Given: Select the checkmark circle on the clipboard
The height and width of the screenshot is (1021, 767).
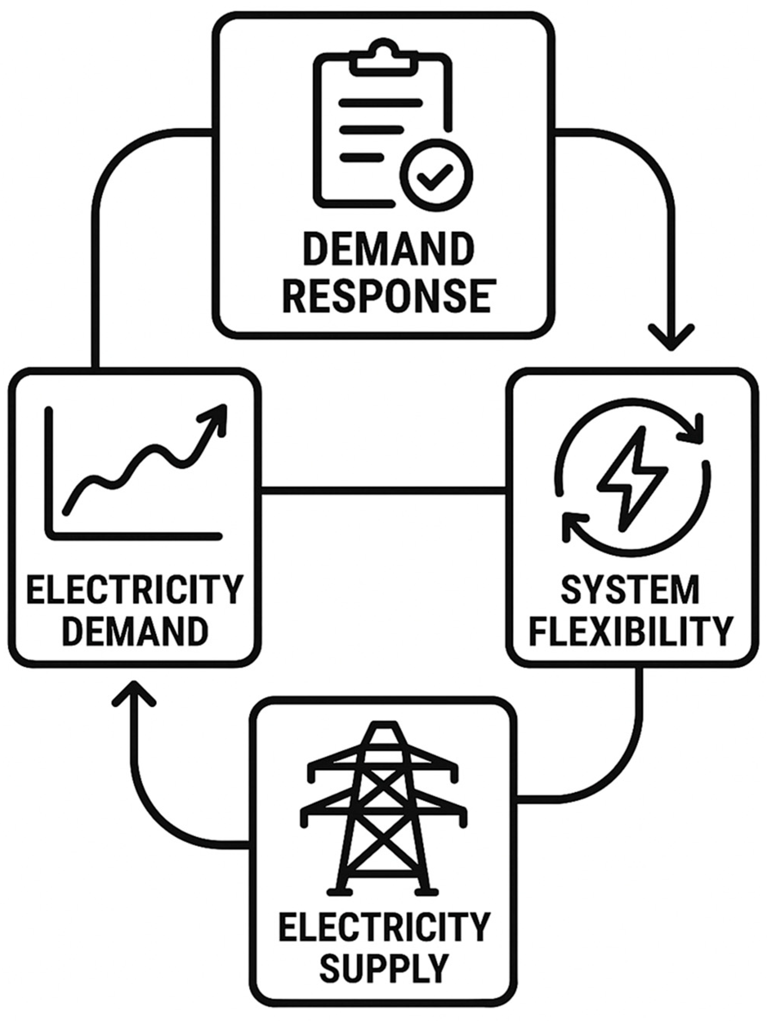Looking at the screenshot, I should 436,175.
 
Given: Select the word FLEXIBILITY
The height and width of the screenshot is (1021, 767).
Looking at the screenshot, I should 630,631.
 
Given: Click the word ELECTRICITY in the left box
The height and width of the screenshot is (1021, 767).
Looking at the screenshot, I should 134,591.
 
